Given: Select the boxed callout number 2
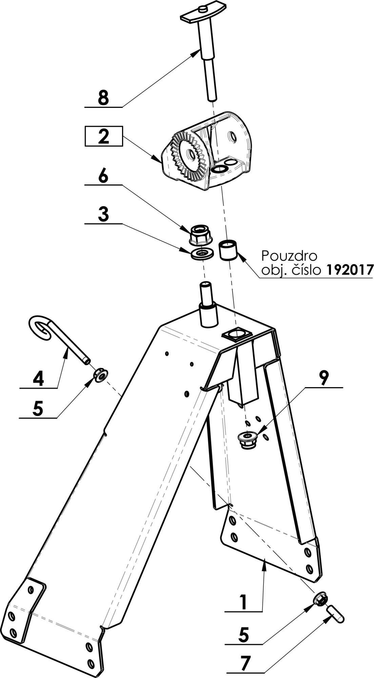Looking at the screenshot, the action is pos(103,136).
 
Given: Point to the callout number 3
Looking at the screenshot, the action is pos(103,214).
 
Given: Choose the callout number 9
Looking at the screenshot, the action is pos(323,377).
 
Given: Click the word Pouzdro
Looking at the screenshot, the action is pos(289,255).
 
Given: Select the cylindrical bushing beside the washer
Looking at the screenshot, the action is pos(228,250).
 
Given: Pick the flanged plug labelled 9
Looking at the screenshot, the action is pos(248,440).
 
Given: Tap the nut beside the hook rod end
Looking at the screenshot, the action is pos(101,375).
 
